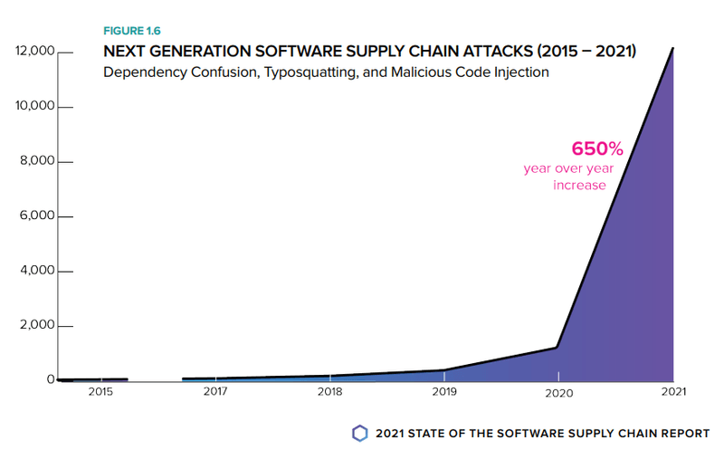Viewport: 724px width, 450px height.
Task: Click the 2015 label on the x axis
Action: point(101,392)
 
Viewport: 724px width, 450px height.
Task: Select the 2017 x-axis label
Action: point(214,392)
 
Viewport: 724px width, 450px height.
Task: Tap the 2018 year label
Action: point(329,392)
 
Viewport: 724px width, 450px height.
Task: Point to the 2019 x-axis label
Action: point(443,392)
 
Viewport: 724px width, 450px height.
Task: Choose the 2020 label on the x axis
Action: point(558,392)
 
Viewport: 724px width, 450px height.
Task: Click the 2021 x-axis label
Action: point(672,392)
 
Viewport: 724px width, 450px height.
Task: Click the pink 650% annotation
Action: point(597,148)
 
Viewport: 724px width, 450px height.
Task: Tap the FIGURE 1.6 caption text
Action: point(133,32)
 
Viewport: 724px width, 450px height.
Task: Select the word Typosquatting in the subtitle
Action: point(308,72)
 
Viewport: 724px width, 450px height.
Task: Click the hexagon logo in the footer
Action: point(360,432)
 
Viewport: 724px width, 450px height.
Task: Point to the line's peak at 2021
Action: point(672,48)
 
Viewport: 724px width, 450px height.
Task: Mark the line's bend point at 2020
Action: point(557,347)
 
